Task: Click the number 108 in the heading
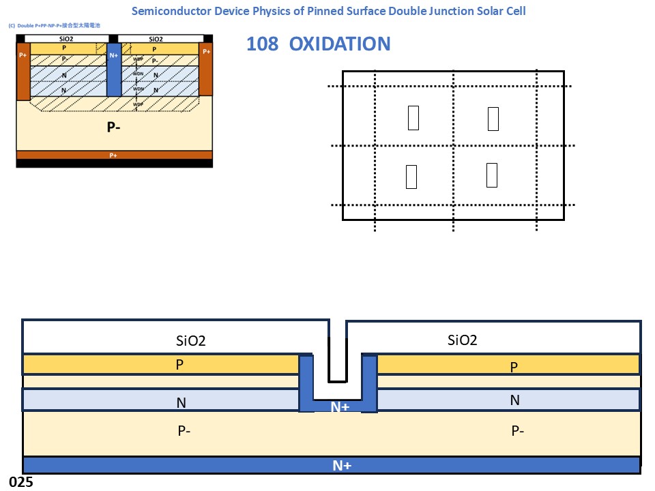263,44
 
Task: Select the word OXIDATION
340,44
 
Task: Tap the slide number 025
21,482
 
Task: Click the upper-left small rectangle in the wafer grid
413,117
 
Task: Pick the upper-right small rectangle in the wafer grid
493,119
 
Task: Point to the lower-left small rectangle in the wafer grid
411,177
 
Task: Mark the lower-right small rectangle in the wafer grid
492,175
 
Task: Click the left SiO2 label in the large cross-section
191,340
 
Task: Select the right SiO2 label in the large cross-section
463,340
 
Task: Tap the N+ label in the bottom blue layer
342,466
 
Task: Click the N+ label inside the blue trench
340,407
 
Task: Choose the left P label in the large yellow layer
179,365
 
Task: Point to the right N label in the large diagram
515,400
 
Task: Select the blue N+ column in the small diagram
114,68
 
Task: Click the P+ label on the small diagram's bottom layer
114,155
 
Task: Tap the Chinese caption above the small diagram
55,25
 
